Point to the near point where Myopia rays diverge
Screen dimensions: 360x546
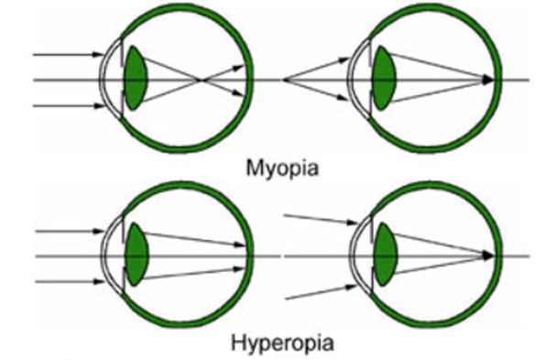coord(285,81)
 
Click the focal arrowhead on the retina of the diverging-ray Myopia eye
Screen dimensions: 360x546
coord(488,81)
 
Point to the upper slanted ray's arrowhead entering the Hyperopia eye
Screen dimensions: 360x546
coord(354,221)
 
